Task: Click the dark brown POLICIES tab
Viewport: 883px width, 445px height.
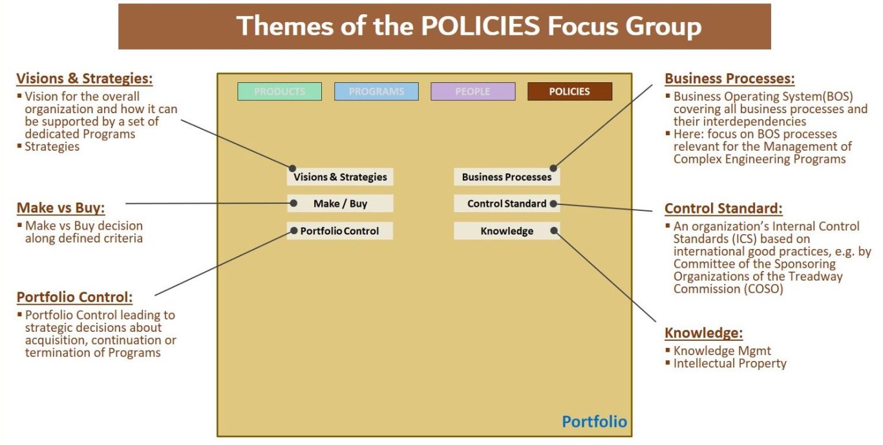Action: [569, 92]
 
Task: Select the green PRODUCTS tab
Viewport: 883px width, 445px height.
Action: [279, 92]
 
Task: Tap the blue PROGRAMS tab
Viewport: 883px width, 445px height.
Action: [376, 92]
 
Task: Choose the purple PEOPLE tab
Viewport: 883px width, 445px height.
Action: [473, 92]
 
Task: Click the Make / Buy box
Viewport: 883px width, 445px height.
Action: [340, 204]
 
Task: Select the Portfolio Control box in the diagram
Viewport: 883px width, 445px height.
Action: [340, 231]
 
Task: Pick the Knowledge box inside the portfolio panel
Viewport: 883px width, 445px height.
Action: [507, 231]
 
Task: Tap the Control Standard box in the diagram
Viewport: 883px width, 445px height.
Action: [507, 204]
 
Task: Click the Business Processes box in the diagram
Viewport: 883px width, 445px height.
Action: [507, 177]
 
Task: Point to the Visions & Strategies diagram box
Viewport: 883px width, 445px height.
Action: [340, 177]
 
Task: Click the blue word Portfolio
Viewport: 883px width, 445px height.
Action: [595, 422]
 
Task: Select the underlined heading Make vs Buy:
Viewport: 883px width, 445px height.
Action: [61, 208]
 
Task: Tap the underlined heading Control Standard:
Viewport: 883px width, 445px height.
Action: [723, 208]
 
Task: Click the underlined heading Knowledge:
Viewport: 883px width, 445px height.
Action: [704, 333]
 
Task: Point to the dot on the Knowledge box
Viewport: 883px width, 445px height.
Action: [554, 231]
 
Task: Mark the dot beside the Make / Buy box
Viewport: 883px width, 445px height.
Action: [293, 203]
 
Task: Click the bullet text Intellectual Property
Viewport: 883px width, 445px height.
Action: [730, 364]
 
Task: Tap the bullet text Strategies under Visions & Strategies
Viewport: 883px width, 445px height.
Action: [52, 147]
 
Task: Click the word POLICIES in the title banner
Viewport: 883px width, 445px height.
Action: [480, 26]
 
